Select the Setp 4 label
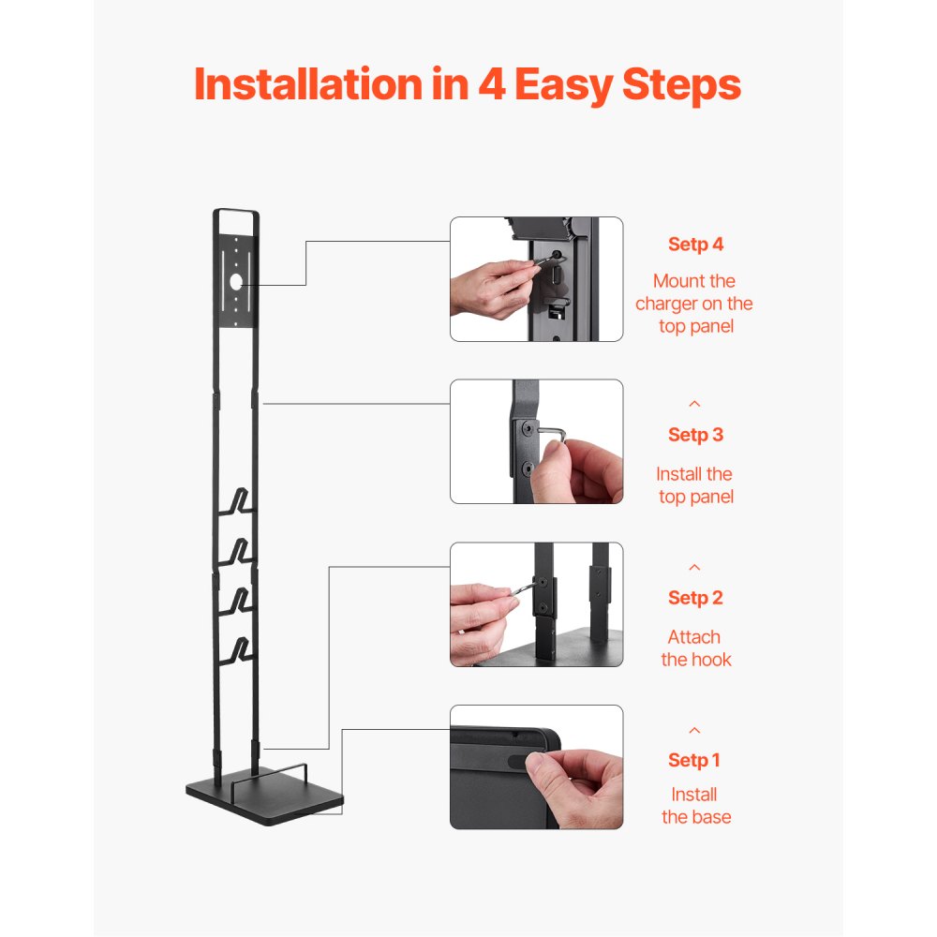pyautogui.click(x=695, y=245)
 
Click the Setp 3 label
pyautogui.click(x=695, y=435)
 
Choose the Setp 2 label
pyautogui.click(x=695, y=598)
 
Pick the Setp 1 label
pyautogui.click(x=695, y=760)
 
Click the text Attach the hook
pyautogui.click(x=695, y=648)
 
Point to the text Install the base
pyautogui.click(x=695, y=806)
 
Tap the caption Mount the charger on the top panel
pyautogui.click(x=694, y=304)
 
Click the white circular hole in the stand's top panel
pyautogui.click(x=236, y=280)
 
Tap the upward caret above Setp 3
pyautogui.click(x=694, y=404)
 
